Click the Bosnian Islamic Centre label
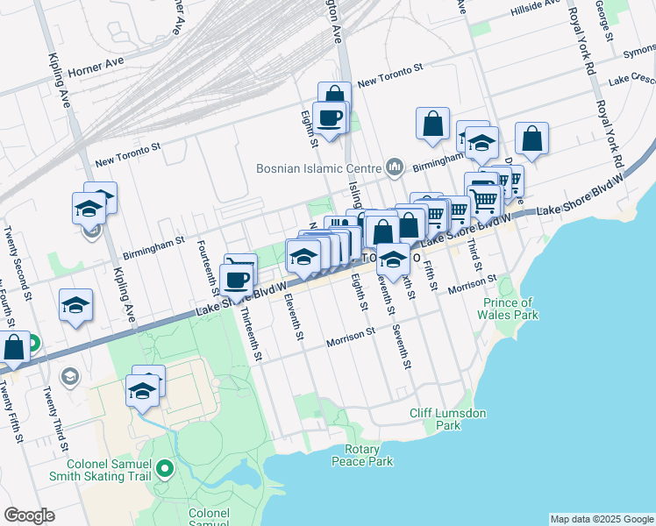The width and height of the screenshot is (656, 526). [x=317, y=168]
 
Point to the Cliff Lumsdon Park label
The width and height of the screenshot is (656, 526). [x=435, y=419]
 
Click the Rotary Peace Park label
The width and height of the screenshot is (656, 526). [x=362, y=456]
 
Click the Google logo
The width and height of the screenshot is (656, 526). [x=29, y=515]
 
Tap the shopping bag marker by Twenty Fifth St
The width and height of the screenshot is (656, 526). [x=14, y=348]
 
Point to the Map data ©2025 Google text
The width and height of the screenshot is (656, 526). [x=601, y=519]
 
